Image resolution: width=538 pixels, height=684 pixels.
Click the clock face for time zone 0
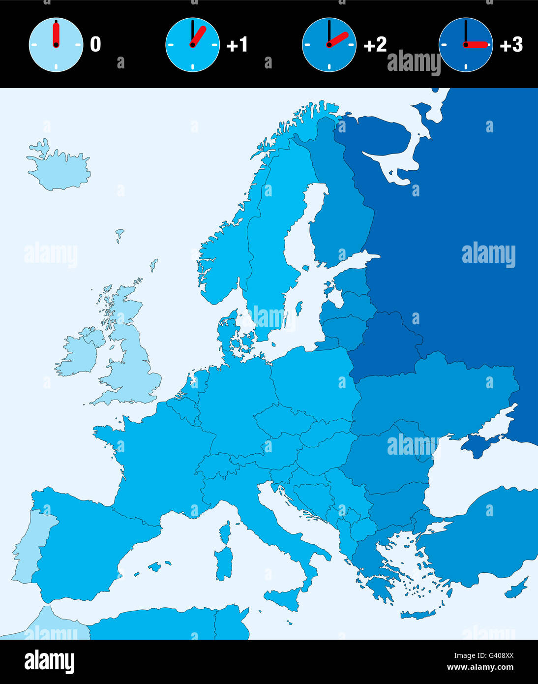56,45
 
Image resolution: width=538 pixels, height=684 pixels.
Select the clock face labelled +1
192,45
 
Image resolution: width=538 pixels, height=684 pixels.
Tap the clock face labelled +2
329,45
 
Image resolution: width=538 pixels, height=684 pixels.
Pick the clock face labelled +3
466,45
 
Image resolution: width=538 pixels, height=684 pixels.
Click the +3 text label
511,45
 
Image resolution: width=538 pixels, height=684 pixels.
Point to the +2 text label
375,45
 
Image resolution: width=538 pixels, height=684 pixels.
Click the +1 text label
237,45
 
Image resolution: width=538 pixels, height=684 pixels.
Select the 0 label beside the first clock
95,45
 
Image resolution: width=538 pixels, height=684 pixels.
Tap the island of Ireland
79,352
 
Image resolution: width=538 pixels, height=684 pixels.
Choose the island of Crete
418,615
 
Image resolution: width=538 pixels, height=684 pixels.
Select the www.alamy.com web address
480,668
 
